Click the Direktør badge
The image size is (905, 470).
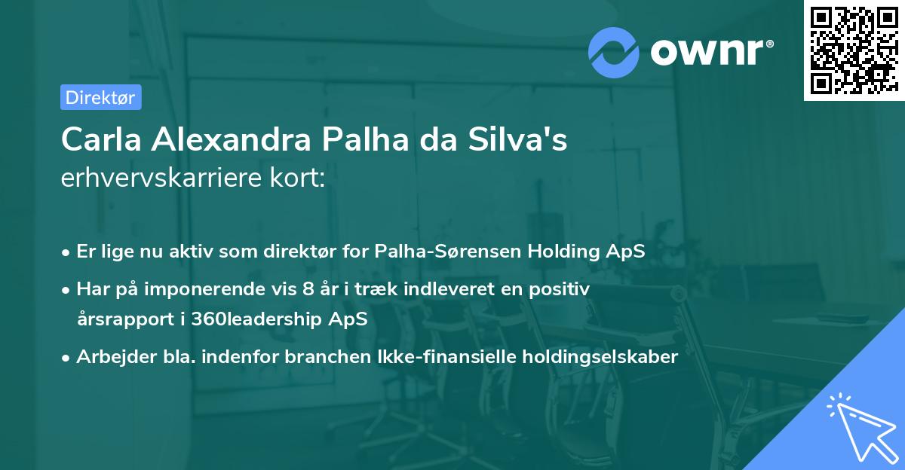[100, 97]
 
